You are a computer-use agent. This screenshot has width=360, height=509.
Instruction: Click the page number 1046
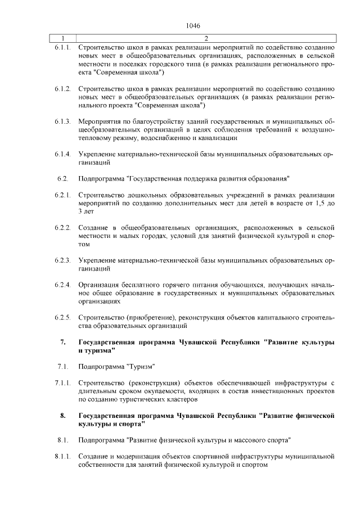click(192, 26)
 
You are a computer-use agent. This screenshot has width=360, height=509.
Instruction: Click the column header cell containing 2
click(206, 39)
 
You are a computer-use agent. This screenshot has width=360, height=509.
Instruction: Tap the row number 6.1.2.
click(62, 89)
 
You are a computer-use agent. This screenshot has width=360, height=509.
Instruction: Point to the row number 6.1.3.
click(62, 121)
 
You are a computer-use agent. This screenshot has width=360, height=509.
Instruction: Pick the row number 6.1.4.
click(62, 154)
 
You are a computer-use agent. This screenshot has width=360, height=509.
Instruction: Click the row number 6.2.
click(62, 179)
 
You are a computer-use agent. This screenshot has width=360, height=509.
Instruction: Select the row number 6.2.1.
click(62, 195)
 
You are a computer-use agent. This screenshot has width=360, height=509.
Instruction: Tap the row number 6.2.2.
click(62, 228)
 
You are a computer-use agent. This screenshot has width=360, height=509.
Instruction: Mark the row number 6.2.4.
click(62, 285)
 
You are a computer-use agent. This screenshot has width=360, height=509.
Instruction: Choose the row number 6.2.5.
click(62, 318)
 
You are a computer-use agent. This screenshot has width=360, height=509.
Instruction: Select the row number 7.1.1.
click(62, 383)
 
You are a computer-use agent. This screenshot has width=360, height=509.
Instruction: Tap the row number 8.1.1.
click(62, 456)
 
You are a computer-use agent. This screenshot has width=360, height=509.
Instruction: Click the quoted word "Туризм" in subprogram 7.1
click(142, 367)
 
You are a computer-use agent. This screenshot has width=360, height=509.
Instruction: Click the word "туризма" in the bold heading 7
click(97, 350)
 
